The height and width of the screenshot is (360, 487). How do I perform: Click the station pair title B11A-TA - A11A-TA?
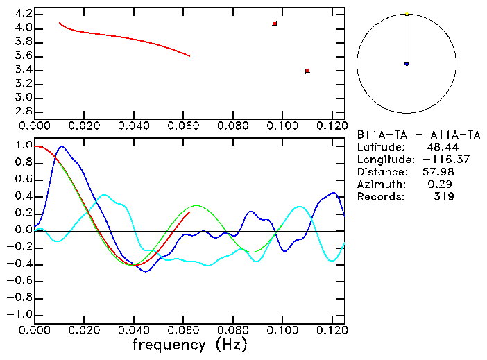(418, 134)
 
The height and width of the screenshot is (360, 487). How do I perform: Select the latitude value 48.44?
(439, 147)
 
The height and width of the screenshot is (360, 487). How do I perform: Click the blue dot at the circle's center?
(407, 64)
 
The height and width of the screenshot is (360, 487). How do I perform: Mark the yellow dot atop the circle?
(407, 14)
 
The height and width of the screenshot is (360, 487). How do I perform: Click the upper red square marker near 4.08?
(275, 24)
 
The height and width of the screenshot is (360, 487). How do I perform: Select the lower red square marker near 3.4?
(307, 71)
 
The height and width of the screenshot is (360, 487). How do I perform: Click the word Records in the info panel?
(379, 197)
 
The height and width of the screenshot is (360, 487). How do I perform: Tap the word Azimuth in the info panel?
(379, 185)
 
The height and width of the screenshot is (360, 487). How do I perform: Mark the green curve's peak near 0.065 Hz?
(197, 205)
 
